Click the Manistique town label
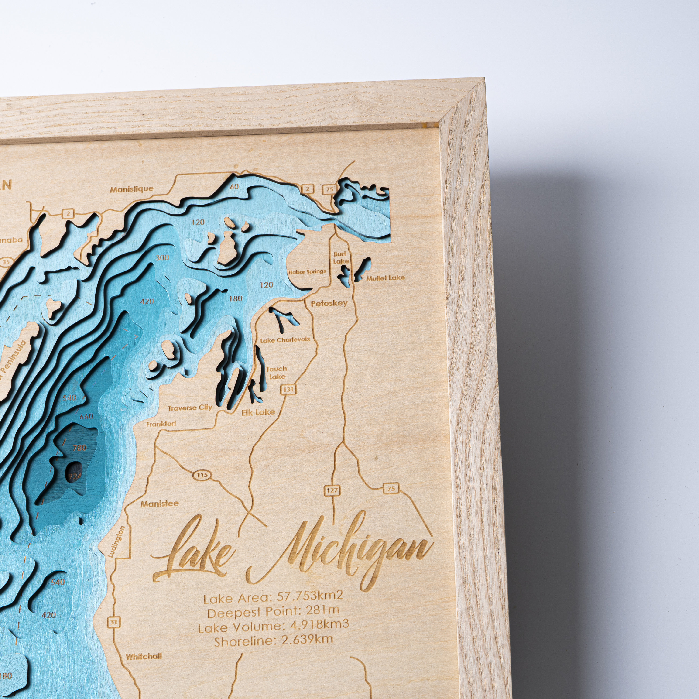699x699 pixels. [132, 189]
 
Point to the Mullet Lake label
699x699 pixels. [385, 278]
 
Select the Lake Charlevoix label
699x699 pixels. [285, 340]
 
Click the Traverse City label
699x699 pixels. [190, 408]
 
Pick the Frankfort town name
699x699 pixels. [161, 423]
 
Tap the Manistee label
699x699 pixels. [160, 504]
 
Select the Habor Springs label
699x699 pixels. [307, 272]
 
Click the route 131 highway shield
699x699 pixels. [288, 390]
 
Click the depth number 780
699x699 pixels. [80, 448]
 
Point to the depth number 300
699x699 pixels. [162, 258]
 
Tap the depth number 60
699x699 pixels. [234, 187]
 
